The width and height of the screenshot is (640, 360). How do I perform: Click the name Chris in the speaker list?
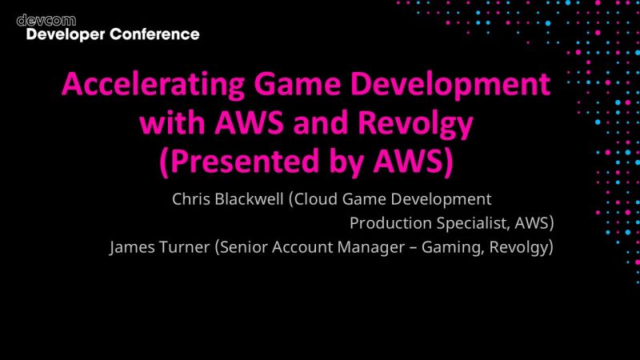[191, 198]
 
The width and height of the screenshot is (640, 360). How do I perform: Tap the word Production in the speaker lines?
[388, 222]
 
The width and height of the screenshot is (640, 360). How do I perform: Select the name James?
[132, 247]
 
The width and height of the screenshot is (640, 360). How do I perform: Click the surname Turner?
[185, 247]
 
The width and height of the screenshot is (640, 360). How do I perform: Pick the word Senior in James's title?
[243, 247]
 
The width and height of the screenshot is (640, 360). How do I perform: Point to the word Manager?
[370, 247]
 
